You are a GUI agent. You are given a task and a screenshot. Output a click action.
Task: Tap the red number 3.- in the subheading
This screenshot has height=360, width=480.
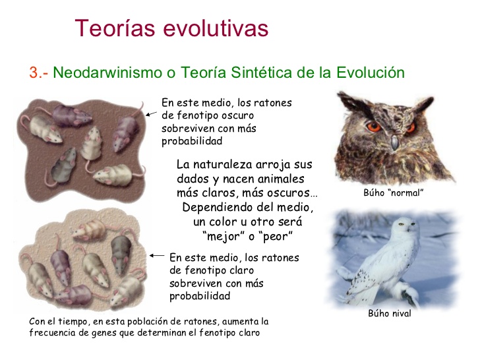38,73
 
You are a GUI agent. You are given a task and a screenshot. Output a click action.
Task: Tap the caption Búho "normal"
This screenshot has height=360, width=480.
393,193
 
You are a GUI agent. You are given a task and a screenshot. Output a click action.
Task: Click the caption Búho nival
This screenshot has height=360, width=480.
390,314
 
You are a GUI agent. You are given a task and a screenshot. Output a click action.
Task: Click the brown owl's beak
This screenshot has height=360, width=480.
393,140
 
